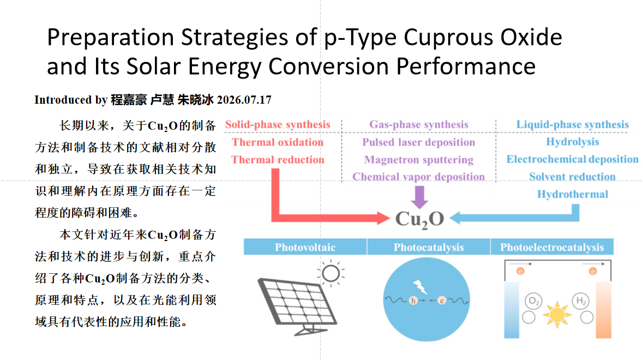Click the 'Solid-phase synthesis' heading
pos(278,125)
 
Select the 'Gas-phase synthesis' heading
pos(419,125)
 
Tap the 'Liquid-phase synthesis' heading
pos(573,125)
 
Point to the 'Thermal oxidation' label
pos(278,142)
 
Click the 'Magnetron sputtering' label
pos(419,159)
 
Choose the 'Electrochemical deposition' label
pos(573,159)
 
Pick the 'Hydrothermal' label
pos(573,194)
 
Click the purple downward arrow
pos(419,197)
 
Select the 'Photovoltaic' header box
pos(305,247)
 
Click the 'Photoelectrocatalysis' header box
pos(552,247)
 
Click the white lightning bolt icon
pos(420,287)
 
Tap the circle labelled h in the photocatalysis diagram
pos(413,301)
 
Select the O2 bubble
pos(533,301)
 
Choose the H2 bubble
pos(581,301)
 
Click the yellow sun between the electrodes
pos(557,315)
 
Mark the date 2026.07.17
pos(244,100)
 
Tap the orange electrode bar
pos(603,310)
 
